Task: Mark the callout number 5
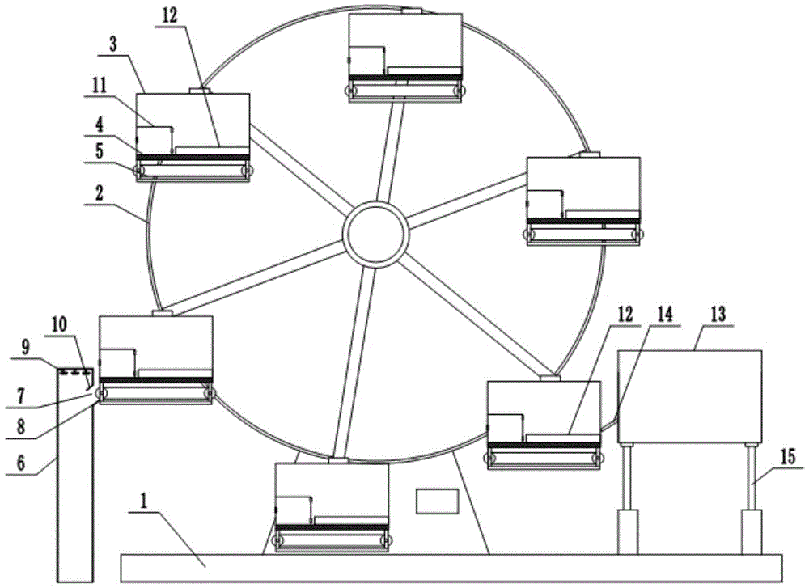99,150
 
